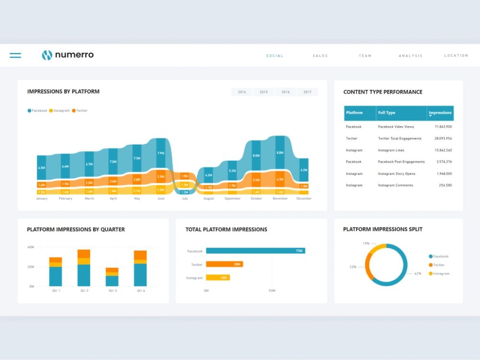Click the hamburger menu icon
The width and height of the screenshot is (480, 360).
click(x=15, y=56)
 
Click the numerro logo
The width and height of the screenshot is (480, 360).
click(x=68, y=55)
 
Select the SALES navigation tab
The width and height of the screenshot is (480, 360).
click(x=320, y=56)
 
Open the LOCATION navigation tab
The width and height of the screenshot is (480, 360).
click(x=456, y=56)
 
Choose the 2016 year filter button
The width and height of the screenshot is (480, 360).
click(x=286, y=92)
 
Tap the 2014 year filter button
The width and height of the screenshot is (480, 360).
click(x=242, y=92)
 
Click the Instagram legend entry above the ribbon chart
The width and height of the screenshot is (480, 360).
click(x=60, y=111)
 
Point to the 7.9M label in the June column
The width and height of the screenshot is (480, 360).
click(x=161, y=154)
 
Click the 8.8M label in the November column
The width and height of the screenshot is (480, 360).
click(x=280, y=153)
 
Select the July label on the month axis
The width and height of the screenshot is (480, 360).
click(x=185, y=199)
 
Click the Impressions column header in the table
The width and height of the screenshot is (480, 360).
click(x=440, y=113)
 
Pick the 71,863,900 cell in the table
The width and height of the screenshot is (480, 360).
click(x=443, y=127)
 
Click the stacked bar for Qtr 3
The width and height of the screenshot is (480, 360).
click(x=112, y=277)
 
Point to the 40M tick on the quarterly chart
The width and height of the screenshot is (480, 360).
click(x=31, y=247)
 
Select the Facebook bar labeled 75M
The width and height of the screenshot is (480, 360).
click(x=255, y=251)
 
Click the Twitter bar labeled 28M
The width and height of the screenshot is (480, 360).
click(x=224, y=264)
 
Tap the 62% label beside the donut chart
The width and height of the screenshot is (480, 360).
click(x=418, y=274)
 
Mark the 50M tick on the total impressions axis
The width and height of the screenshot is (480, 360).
click(x=272, y=291)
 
